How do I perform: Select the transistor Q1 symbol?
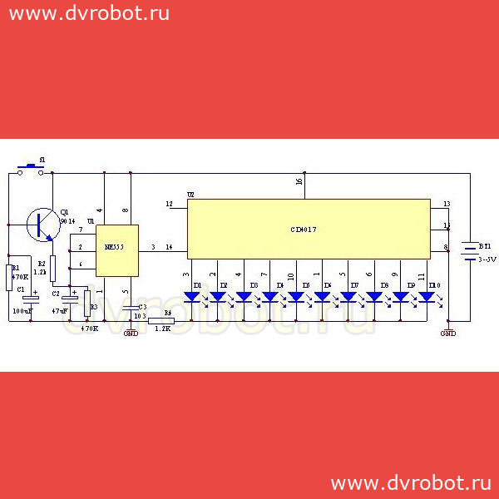[41, 224]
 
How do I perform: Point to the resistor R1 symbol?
[9, 277]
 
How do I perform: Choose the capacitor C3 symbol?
[131, 309]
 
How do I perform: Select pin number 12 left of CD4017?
[169, 204]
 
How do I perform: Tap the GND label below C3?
[131, 333]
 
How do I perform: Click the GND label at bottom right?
[447, 333]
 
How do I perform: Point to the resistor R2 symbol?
[52, 268]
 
